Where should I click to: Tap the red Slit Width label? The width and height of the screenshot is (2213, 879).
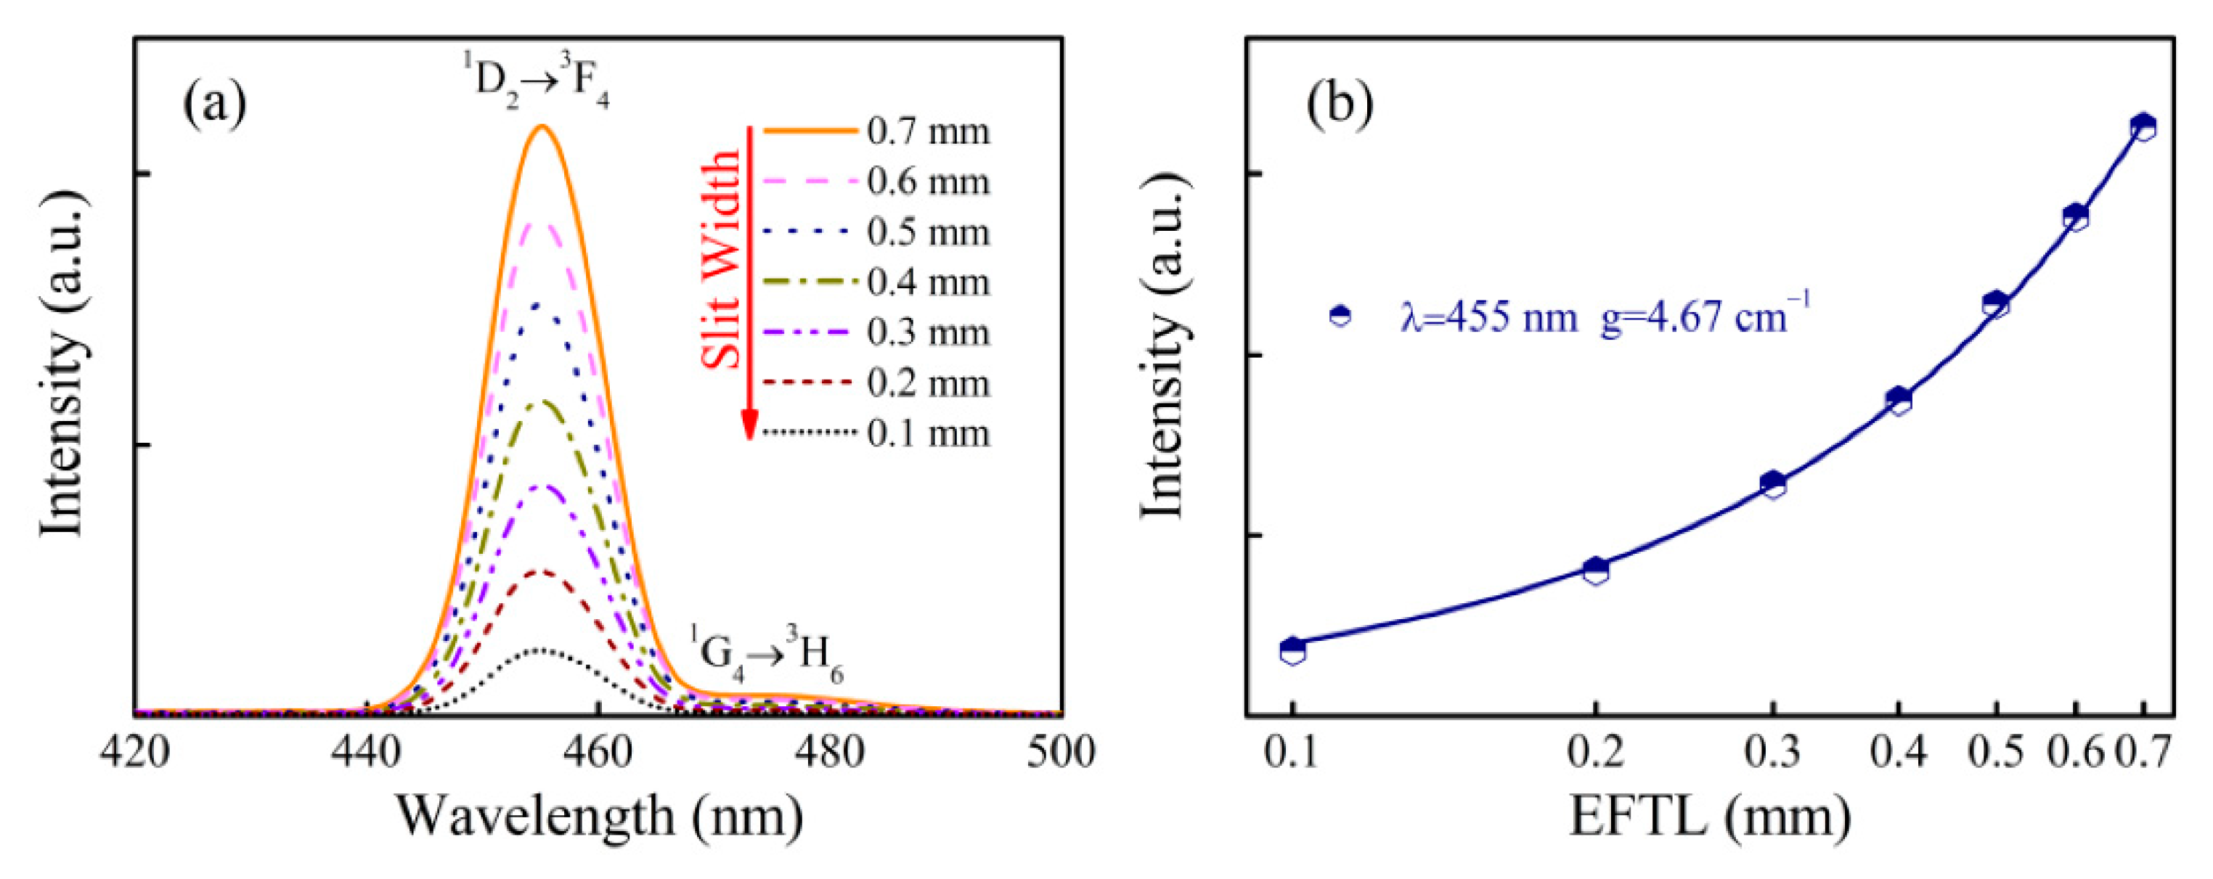point(722,258)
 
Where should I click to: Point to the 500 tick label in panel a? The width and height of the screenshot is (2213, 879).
point(1061,753)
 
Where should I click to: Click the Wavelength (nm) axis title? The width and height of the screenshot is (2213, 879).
point(599,817)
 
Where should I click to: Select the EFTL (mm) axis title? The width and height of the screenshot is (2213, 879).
point(1710,817)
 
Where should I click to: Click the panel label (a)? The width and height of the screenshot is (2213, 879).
point(215,103)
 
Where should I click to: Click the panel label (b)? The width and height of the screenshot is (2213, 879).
point(1340,103)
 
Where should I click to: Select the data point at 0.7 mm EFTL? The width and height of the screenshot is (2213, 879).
point(2143,127)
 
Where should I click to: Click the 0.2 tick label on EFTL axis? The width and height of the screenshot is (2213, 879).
point(1595,753)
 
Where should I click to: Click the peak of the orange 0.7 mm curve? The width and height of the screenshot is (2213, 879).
point(542,126)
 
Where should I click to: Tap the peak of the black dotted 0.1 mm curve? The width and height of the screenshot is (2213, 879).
point(539,650)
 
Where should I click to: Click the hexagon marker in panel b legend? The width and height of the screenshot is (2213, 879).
point(1340,315)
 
